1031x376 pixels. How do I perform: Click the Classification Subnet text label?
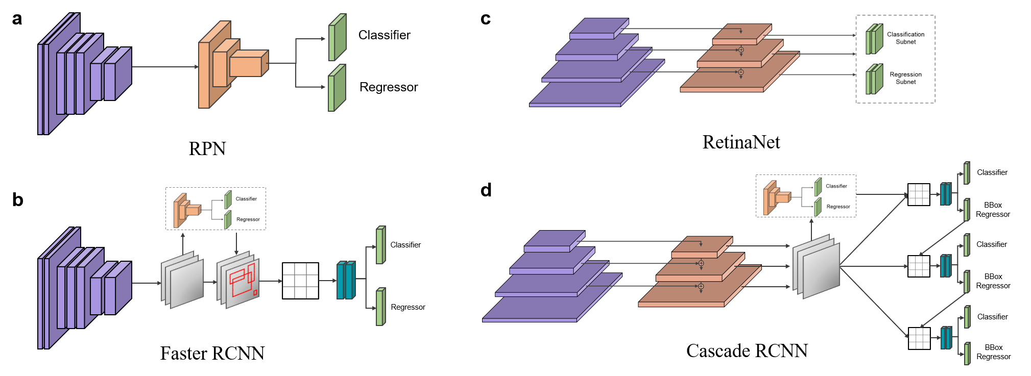(x=905, y=38)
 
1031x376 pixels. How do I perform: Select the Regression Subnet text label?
(x=905, y=78)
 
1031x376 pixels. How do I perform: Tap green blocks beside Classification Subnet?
(x=874, y=39)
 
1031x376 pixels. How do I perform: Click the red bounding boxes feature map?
(x=241, y=281)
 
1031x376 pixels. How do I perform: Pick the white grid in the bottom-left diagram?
(x=300, y=281)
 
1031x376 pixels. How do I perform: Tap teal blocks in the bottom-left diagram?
(x=346, y=281)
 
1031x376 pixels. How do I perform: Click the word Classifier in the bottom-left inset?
(x=246, y=199)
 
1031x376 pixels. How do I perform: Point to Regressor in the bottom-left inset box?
(x=248, y=219)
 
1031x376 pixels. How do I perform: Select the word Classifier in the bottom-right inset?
(x=836, y=186)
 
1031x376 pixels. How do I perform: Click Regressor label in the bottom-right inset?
(x=838, y=207)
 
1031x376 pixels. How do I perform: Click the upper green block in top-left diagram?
(x=337, y=38)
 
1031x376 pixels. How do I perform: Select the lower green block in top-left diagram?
(x=337, y=88)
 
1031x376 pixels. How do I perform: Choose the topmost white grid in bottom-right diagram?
(x=919, y=194)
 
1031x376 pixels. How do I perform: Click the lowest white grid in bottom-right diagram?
(x=919, y=338)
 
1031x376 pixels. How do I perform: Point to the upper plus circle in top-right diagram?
(x=741, y=50)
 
